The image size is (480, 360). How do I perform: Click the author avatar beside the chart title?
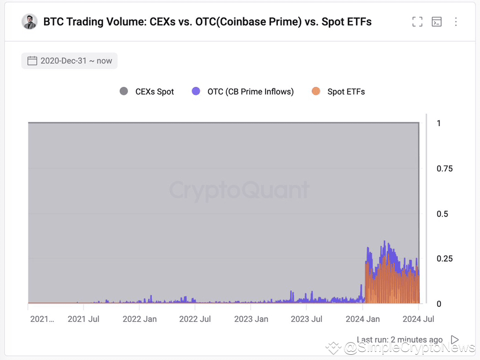[30, 22]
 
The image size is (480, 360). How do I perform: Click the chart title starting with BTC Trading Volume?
[207, 22]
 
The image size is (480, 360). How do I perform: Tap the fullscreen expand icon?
[417, 22]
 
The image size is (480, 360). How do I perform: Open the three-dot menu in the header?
[456, 22]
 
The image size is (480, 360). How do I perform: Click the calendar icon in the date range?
[32, 61]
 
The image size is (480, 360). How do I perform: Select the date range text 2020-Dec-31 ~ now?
[76, 61]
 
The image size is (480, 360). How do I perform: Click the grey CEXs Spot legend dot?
[123, 91]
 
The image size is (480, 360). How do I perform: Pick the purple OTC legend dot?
[196, 91]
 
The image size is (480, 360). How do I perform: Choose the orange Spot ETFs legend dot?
[316, 91]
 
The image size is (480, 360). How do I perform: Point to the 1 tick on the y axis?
[439, 123]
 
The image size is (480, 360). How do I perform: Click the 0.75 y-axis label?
[445, 168]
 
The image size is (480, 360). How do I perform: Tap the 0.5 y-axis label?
[442, 214]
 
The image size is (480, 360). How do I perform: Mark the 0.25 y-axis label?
[445, 259]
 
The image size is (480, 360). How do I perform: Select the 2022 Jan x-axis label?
[140, 319]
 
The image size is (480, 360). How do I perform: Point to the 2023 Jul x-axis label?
[306, 319]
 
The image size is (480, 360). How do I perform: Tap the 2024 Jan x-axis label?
[362, 319]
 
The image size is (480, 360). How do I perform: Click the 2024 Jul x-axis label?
[418, 319]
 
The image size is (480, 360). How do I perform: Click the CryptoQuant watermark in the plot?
[239, 190]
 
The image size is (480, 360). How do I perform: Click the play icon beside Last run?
[455, 340]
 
